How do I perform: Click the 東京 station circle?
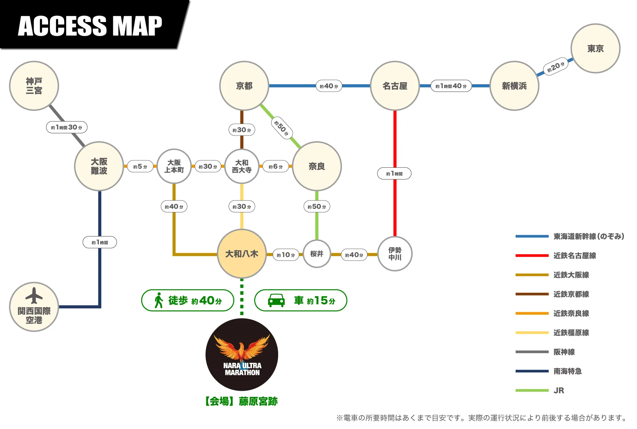(x=595, y=48)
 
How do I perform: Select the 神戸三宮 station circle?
(x=34, y=86)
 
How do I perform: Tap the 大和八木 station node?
(x=242, y=254)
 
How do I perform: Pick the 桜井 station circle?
(x=317, y=254)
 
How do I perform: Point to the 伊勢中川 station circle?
(x=395, y=254)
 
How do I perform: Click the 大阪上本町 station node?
(x=174, y=166)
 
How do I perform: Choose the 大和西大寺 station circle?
(x=242, y=166)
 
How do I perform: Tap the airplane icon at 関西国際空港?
(x=34, y=296)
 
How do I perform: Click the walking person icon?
(x=159, y=301)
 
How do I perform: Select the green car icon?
(x=276, y=301)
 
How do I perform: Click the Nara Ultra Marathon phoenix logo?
(x=242, y=354)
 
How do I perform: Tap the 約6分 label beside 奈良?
(x=276, y=166)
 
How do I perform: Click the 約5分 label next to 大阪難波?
(x=140, y=166)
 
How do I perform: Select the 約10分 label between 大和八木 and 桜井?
(x=286, y=255)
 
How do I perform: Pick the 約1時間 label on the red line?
(x=394, y=174)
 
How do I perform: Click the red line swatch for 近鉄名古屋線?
(x=532, y=256)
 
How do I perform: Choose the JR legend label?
(x=559, y=390)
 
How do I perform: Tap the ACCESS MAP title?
(x=90, y=26)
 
